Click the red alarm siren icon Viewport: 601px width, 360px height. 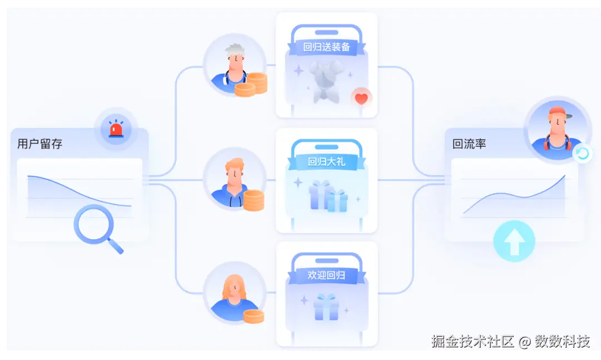(x=116, y=129)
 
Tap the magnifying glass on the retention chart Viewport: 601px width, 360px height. (x=96, y=226)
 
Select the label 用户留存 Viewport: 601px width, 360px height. (x=40, y=144)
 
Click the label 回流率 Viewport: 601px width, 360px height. (x=469, y=144)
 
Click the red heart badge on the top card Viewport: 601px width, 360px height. (x=361, y=99)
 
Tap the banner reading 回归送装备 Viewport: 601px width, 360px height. (x=327, y=47)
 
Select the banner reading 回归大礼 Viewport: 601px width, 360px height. (x=327, y=162)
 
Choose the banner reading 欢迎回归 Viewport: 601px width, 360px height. (x=327, y=275)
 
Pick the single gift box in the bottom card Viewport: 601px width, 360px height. (x=326, y=307)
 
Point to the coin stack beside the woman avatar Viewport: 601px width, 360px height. (x=254, y=317)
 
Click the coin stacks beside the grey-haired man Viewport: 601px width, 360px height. (x=252, y=85)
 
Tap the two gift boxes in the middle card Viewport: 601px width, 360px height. (x=329, y=196)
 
